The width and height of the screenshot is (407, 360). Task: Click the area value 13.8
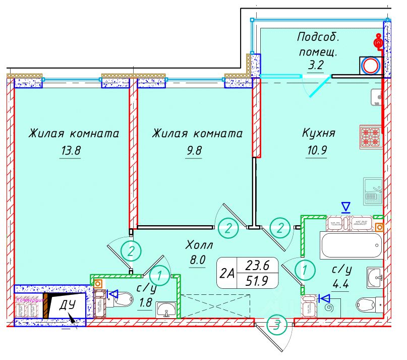tap(70, 151)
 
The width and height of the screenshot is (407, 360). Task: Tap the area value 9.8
tap(193, 151)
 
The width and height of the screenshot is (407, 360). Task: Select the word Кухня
tap(318, 133)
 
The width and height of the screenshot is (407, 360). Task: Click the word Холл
tap(200, 246)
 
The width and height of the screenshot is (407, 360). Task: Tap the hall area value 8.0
tap(198, 262)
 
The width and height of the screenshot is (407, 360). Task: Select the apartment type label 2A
tap(227, 273)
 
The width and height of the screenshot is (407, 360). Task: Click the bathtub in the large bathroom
tap(350, 246)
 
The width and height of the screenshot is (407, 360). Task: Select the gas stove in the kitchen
tap(372, 136)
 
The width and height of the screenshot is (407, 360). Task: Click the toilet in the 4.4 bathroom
tap(369, 305)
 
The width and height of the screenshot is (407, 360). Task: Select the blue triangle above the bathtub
tap(345, 207)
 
